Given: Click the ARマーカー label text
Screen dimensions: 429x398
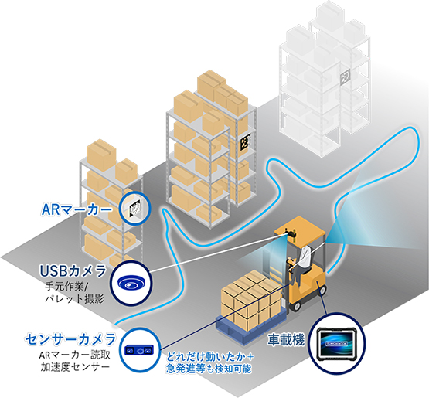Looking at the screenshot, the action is pyautogui.click(x=77, y=209).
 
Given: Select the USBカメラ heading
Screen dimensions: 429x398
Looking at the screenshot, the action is pyautogui.click(x=73, y=270).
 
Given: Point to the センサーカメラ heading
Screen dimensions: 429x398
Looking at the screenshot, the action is pyautogui.click(x=70, y=339).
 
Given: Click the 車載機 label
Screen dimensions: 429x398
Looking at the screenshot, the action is pyautogui.click(x=286, y=340).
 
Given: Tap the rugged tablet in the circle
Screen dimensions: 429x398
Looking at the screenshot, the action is pyautogui.click(x=338, y=344).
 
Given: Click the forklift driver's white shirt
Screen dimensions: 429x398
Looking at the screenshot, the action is pyautogui.click(x=304, y=257).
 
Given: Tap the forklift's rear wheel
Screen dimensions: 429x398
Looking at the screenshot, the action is pyautogui.click(x=322, y=290).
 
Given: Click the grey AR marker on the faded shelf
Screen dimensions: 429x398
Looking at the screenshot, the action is pyautogui.click(x=346, y=77).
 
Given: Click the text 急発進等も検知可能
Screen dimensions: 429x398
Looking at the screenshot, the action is pyautogui.click(x=209, y=369).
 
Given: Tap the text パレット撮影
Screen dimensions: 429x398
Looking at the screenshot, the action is pyautogui.click(x=75, y=298).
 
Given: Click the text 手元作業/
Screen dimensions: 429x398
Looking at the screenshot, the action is pyautogui.click(x=66, y=287).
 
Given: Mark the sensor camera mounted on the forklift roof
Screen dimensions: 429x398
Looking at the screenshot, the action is pyautogui.click(x=290, y=233).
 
